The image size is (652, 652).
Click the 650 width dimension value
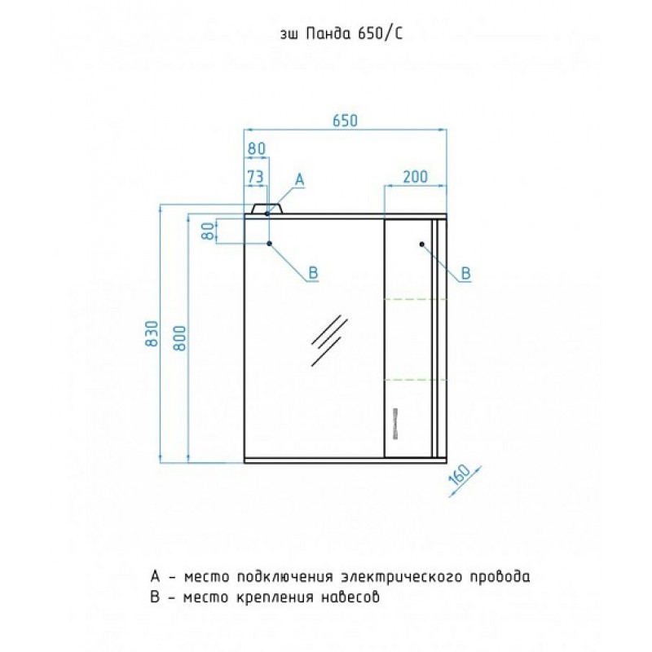click(346, 120)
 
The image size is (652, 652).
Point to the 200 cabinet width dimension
click(415, 175)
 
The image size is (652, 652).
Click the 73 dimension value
click(255, 176)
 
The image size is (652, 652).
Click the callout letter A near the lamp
click(299, 178)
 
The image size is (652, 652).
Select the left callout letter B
click(312, 274)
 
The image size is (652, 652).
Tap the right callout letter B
click(465, 273)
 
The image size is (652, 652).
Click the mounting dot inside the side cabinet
click(421, 244)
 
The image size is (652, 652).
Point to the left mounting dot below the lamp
click(269, 244)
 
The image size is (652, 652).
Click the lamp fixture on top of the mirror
click(267, 209)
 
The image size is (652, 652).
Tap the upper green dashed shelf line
click(412, 298)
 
